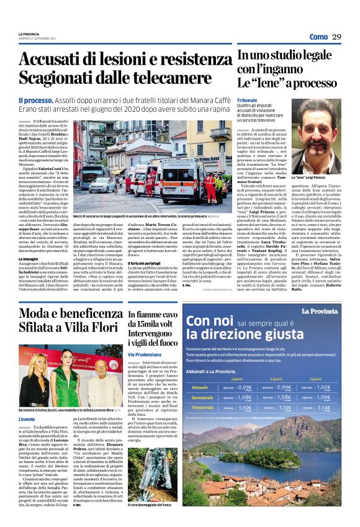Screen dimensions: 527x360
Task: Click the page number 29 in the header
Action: [336, 37]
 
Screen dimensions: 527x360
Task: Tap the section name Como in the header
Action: [318, 37]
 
